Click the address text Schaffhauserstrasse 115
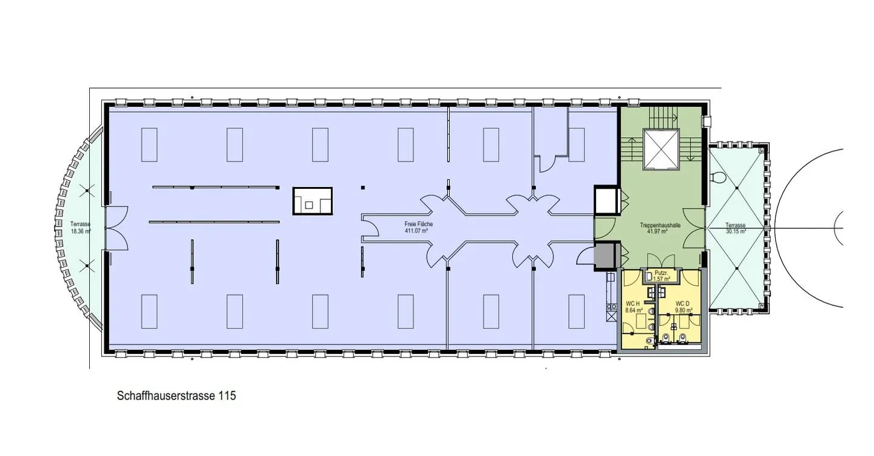click(x=176, y=396)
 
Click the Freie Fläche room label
click(x=419, y=224)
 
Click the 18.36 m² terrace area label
click(x=80, y=231)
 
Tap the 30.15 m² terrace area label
click(x=736, y=231)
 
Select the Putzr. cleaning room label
click(x=661, y=273)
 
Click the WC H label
click(x=633, y=303)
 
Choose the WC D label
click(x=683, y=303)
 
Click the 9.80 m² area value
click(x=683, y=310)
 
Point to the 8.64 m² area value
click(x=633, y=310)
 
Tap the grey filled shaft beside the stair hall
click(x=605, y=255)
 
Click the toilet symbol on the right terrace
click(x=718, y=177)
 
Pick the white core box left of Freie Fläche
click(x=313, y=201)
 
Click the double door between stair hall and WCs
click(x=661, y=258)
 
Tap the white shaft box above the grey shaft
click(x=605, y=200)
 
